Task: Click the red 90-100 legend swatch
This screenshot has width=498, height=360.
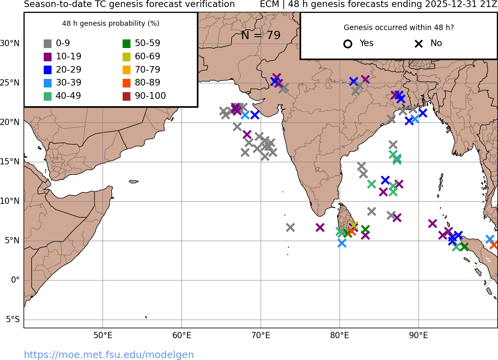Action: click(126, 96)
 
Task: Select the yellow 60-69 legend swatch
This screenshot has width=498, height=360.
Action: click(126, 57)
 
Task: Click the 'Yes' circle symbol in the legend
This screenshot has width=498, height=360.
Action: click(348, 44)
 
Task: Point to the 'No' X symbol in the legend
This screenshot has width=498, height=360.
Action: click(419, 44)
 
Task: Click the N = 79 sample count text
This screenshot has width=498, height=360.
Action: click(261, 36)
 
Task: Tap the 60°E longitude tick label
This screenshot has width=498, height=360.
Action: click(182, 335)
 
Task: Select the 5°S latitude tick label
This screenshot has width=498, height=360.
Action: click(12, 320)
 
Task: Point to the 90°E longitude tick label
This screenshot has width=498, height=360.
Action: click(419, 335)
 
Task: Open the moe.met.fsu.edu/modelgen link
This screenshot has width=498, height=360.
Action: click(109, 355)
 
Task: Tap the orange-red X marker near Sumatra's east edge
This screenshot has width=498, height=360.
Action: click(494, 245)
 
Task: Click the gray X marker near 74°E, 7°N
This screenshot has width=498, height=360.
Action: click(290, 227)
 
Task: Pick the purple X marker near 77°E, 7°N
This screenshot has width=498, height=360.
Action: click(320, 227)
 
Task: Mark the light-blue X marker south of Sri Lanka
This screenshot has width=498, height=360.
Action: click(342, 243)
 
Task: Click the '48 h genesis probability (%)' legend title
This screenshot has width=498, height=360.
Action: click(111, 23)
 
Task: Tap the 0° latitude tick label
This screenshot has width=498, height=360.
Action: click(15, 280)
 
